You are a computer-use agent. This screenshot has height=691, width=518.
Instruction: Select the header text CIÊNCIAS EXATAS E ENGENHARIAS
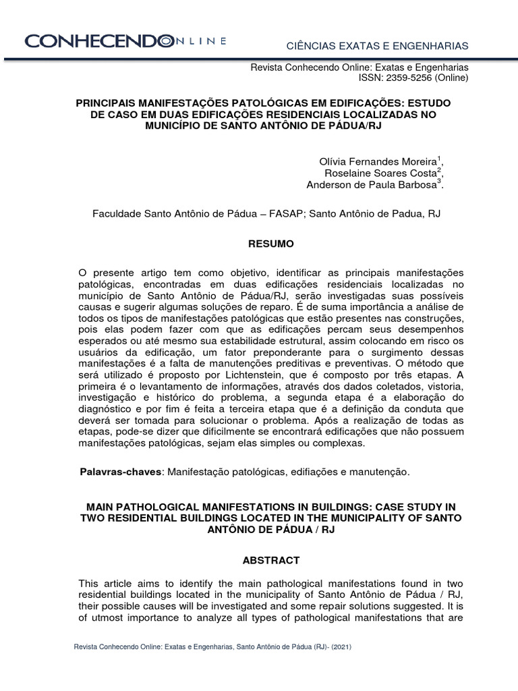coord(377,45)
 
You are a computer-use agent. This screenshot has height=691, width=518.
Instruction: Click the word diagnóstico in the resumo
coord(110,409)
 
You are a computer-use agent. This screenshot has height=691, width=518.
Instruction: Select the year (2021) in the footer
coord(337,646)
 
